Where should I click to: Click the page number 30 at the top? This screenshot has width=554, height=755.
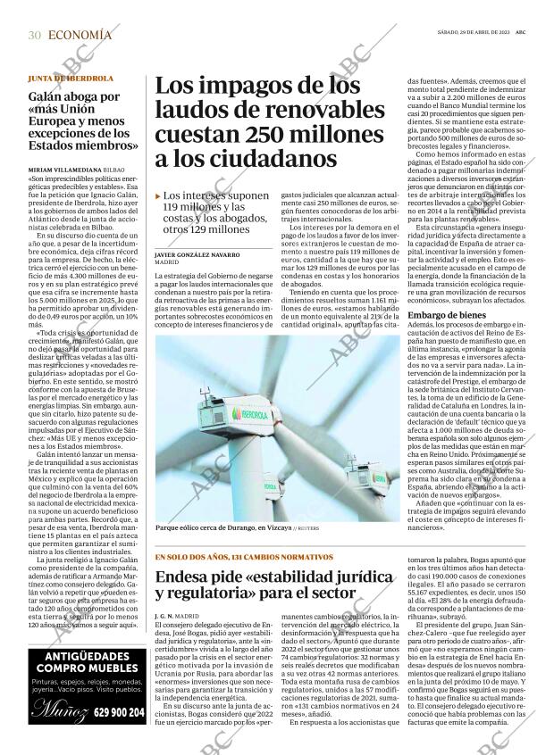click(35, 35)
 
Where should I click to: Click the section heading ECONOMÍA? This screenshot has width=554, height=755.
click(80, 35)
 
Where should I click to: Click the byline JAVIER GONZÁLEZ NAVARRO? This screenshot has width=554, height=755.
click(197, 255)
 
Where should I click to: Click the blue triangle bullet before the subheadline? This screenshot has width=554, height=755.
click(158, 195)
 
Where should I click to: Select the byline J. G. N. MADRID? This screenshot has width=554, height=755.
click(175, 616)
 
